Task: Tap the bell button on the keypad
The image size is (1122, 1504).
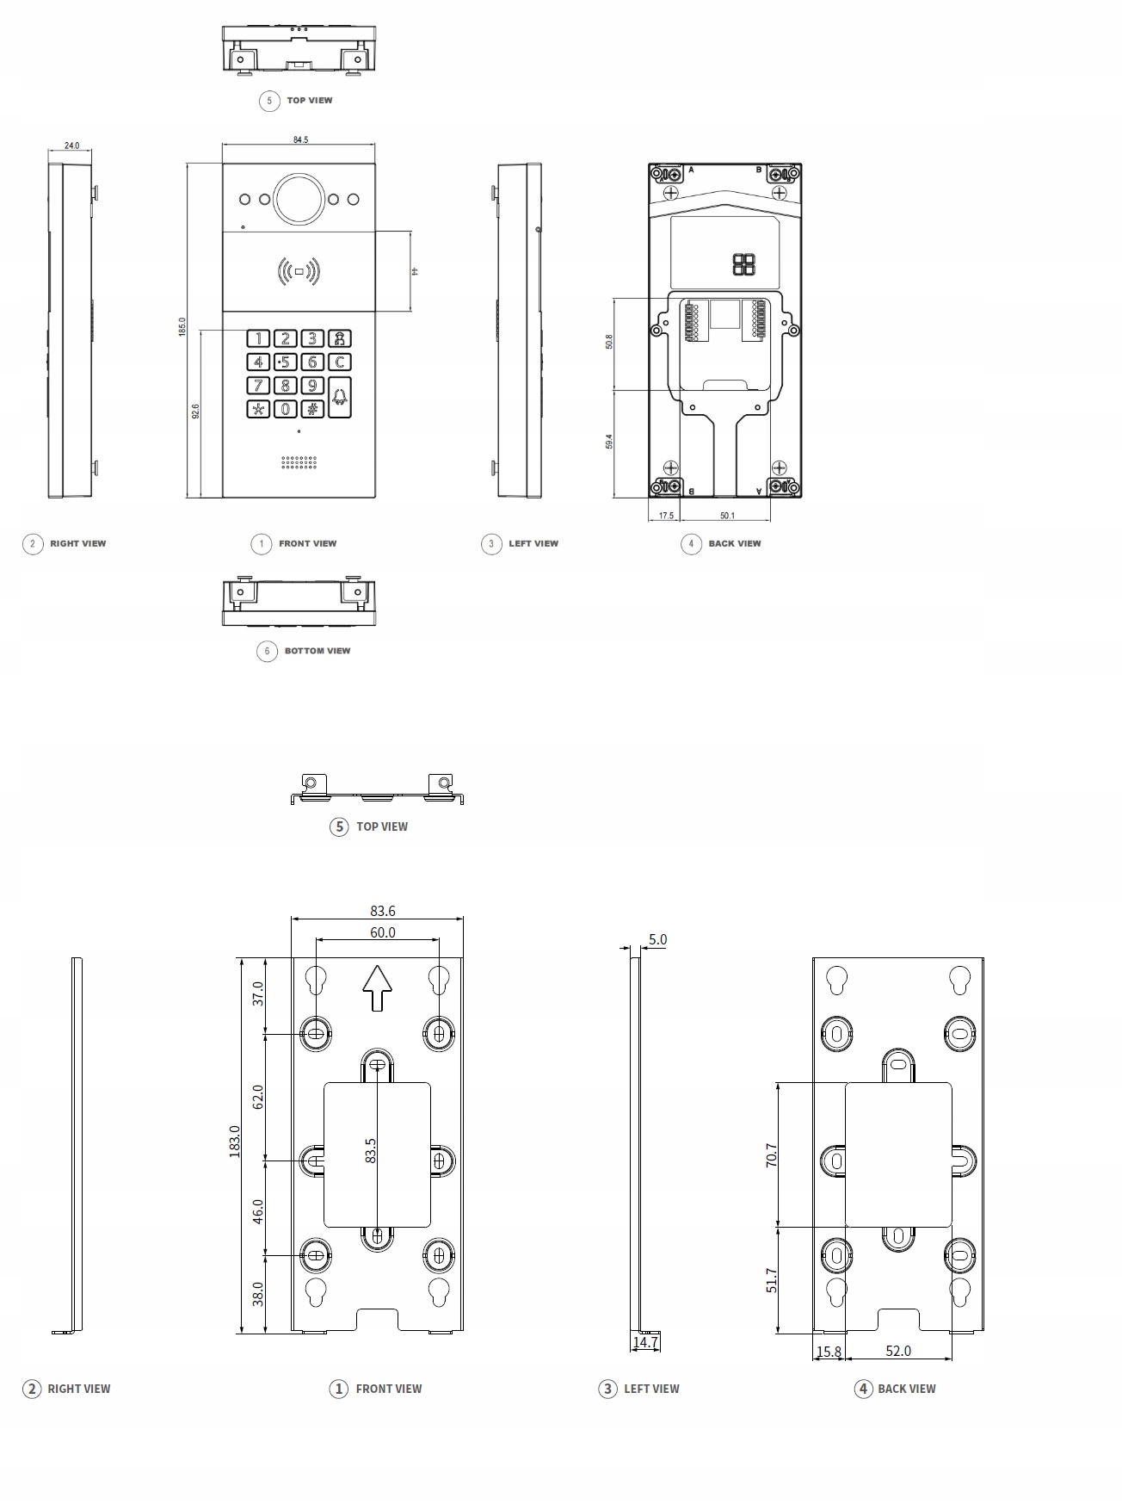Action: pos(341,397)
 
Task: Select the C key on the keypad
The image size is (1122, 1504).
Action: pos(341,362)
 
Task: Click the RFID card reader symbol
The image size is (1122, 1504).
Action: pos(299,272)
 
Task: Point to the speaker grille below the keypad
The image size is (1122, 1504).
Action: pos(299,463)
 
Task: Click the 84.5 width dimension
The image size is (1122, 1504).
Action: pos(299,139)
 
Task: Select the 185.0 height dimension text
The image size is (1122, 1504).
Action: pos(182,327)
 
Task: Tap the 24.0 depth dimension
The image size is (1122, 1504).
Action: pos(71,145)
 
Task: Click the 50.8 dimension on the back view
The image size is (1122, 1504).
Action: pos(609,342)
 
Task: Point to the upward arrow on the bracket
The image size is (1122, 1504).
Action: pos(377,987)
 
